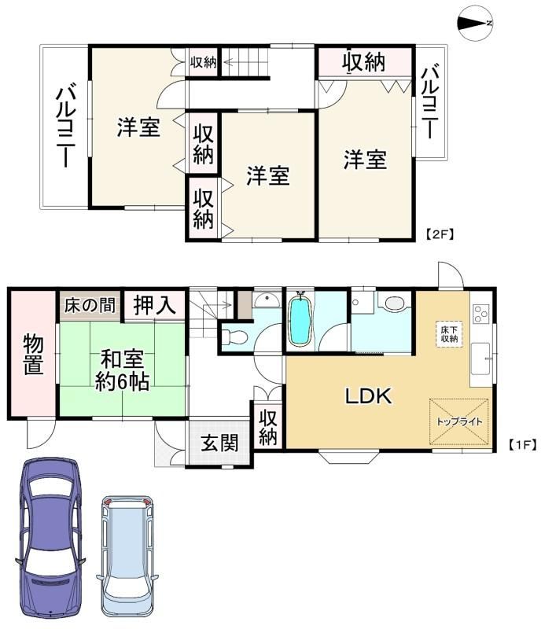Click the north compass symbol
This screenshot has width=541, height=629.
[476, 24]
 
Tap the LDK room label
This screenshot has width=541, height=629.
[369, 396]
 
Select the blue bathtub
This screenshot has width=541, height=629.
[300, 319]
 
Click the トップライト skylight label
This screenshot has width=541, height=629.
[459, 421]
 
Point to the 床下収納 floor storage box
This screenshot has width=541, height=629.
[449, 334]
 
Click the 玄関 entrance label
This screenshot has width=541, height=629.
[219, 443]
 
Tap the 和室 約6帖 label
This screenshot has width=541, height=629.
[123, 370]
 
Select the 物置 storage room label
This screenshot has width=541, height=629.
[33, 355]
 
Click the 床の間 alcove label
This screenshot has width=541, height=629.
[90, 305]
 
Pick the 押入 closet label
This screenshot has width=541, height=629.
[154, 305]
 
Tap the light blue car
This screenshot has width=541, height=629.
[127, 556]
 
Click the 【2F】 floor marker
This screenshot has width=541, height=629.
[440, 234]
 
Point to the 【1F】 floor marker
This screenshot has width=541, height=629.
[522, 444]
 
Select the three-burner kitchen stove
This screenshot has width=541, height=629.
[481, 314]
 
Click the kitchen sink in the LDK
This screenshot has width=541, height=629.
[480, 359]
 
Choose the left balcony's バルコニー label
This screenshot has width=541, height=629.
[64, 125]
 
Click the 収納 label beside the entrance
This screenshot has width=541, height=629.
[267, 428]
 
